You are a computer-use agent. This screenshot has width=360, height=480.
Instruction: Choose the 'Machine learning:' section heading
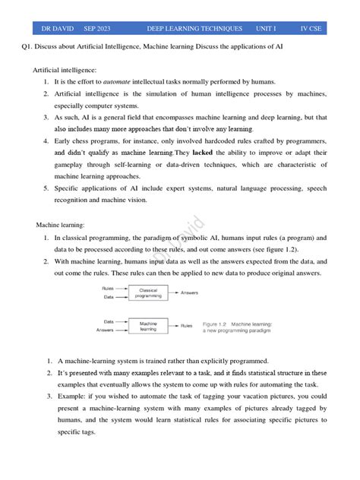click(61, 225)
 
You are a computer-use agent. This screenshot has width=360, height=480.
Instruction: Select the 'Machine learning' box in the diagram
click(148, 326)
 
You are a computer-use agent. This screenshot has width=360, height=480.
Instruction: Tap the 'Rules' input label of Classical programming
click(107, 288)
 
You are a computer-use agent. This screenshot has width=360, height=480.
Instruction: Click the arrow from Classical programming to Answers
click(173, 292)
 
